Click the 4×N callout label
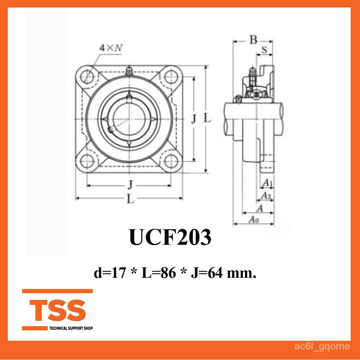coord(110,48)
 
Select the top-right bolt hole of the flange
coord(171,75)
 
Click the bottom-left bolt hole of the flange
coord(86,161)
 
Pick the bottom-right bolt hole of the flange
coord(171,162)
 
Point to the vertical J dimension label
coord(193,119)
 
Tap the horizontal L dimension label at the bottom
coord(130,199)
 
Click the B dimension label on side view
coord(253,40)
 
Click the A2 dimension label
coord(266,195)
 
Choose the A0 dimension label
coord(253,220)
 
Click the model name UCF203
coord(170,237)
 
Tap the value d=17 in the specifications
coord(109,273)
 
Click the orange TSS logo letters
coord(58,310)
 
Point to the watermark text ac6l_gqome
coord(322,346)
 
